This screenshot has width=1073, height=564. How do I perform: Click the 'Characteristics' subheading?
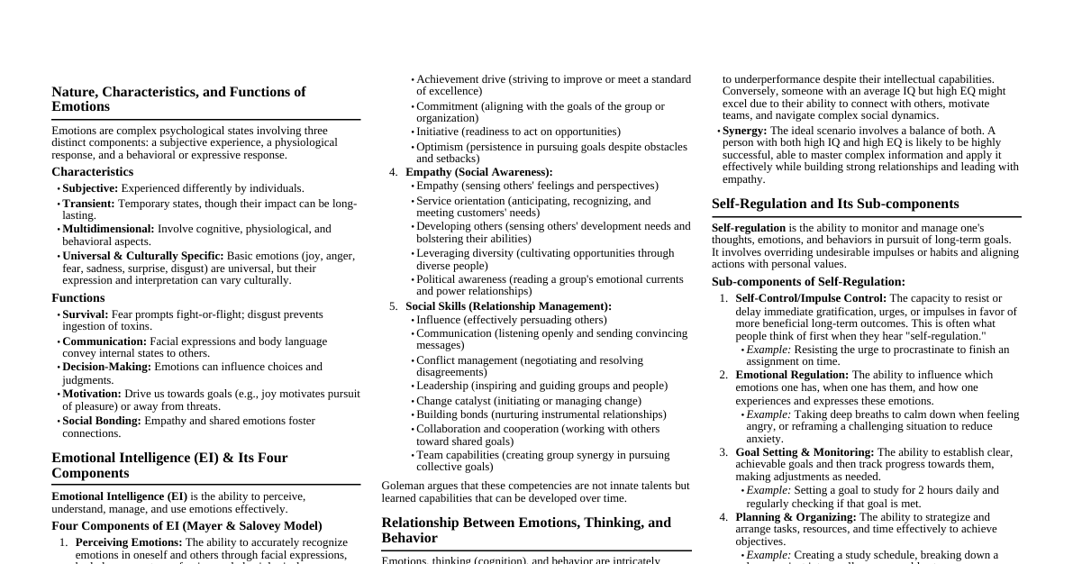[92, 172]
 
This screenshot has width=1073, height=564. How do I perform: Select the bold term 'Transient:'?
[89, 204]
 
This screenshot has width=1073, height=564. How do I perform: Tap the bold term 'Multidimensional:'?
[108, 229]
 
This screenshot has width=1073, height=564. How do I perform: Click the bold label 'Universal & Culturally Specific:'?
[142, 256]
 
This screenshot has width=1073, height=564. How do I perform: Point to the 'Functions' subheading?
[77, 298]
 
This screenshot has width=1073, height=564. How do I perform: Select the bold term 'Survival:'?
[85, 314]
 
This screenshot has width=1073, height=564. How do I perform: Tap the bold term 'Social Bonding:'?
[101, 421]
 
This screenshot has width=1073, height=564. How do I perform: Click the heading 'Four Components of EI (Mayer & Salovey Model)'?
[186, 526]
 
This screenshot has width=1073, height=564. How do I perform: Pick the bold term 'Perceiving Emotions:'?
[129, 542]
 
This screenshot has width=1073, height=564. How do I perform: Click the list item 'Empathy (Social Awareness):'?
[478, 172]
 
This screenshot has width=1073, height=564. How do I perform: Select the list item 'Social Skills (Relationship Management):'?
[508, 306]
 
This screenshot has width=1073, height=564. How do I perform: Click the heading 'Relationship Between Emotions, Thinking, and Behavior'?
[526, 530]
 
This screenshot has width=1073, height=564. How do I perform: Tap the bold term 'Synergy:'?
[744, 131]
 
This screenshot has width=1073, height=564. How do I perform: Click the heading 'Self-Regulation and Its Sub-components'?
[835, 204]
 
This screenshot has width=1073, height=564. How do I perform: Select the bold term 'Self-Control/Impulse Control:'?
[810, 298]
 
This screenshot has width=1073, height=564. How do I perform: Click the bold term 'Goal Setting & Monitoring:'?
[804, 452]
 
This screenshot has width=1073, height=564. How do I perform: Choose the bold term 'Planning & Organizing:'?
[796, 517]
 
